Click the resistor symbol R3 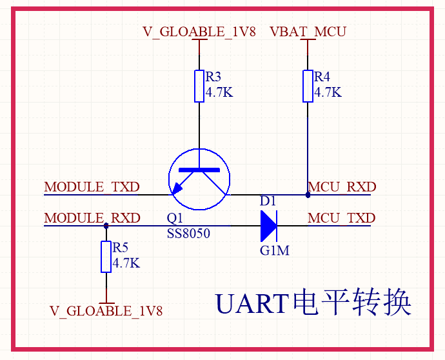199,86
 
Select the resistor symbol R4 308,86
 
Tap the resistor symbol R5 106,256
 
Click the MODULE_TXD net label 92,187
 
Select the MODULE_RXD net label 92,218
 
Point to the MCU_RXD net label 342,187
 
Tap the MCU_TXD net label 341,218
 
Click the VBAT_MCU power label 308,32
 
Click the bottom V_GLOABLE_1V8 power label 106,311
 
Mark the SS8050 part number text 188,234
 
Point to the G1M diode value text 274,250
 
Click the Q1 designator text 175,218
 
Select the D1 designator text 268,201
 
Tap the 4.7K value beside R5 126,263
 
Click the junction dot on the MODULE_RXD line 106,226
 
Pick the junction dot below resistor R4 308,194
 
